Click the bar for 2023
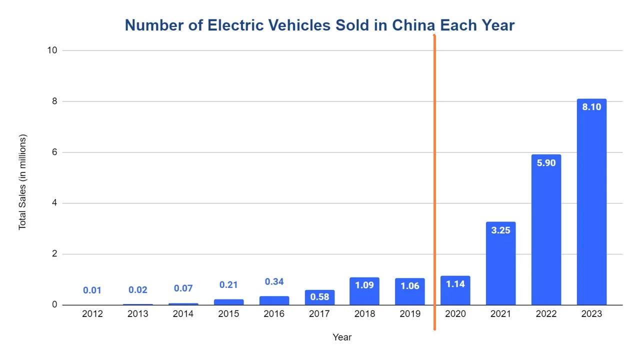click(x=591, y=210)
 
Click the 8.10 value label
click(x=591, y=107)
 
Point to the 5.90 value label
click(x=546, y=163)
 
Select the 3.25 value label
click(x=500, y=230)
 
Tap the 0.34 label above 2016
click(x=274, y=282)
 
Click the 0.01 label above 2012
click(x=92, y=290)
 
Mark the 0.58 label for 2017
click(x=319, y=297)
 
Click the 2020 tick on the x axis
click(x=455, y=314)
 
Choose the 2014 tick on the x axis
click(x=183, y=314)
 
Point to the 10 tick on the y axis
click(x=52, y=50)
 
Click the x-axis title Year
click(x=342, y=337)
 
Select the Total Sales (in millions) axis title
click(x=22, y=182)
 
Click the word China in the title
click(x=412, y=25)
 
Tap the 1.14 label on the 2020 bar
click(x=455, y=284)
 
